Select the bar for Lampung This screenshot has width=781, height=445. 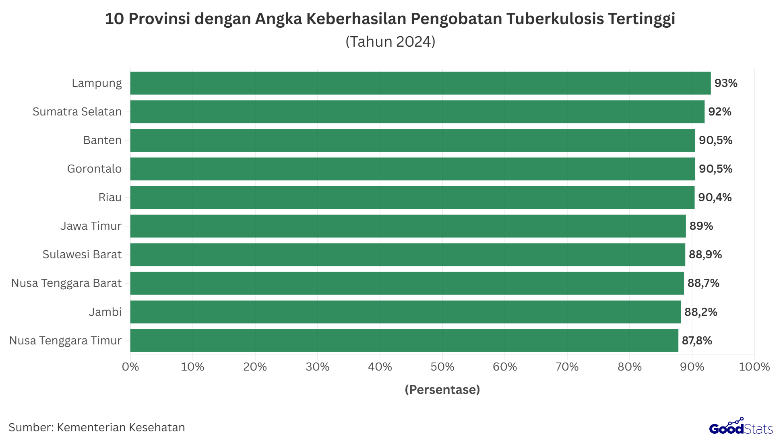420,83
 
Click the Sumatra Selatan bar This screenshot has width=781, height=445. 417,112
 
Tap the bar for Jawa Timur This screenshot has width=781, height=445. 408,226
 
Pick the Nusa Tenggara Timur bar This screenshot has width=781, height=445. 404,341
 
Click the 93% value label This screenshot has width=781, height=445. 726,83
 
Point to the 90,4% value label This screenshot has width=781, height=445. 715,198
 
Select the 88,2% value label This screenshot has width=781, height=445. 700,312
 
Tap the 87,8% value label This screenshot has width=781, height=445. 696,341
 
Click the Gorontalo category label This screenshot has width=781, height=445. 94,169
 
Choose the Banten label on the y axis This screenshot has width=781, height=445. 102,140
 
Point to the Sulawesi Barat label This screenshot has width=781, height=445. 82,255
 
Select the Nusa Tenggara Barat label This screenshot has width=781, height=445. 66,283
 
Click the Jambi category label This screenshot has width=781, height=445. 105,312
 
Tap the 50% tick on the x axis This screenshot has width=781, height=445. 442,367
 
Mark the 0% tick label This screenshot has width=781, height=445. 130,367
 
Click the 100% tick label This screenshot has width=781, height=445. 754,367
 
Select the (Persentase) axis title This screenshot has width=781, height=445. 442,389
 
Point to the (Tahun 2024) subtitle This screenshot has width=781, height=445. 390,41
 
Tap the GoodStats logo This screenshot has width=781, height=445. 741,427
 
